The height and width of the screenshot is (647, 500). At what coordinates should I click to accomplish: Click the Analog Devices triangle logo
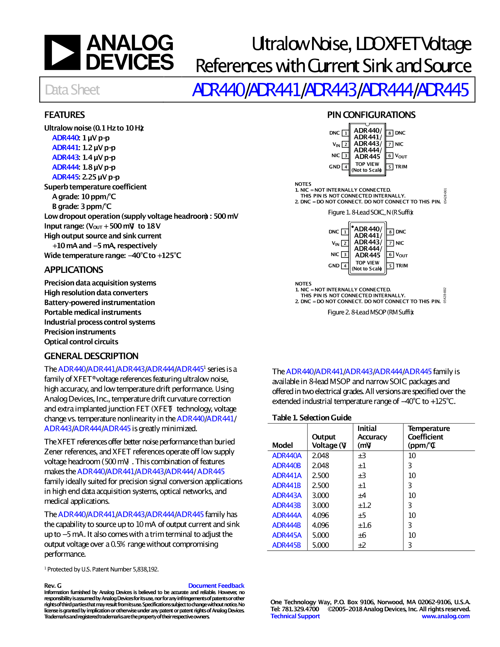(62, 52)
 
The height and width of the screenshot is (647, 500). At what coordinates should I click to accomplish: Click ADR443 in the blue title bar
(330, 90)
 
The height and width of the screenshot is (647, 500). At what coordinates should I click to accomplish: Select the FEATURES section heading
(64, 115)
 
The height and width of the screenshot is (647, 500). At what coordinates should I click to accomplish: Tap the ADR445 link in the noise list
(65, 177)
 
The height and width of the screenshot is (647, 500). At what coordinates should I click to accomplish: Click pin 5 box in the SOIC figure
(390, 167)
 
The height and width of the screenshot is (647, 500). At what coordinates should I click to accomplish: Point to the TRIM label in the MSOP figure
(402, 266)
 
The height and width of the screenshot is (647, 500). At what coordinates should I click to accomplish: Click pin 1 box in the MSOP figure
(345, 232)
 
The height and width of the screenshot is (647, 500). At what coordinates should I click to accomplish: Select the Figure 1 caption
(371, 212)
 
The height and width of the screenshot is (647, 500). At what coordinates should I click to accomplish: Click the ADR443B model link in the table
(286, 506)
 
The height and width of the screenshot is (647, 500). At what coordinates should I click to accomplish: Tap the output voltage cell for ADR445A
(320, 535)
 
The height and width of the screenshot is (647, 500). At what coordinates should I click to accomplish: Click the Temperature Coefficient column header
(428, 437)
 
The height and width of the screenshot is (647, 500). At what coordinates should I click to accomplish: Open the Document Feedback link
(216, 586)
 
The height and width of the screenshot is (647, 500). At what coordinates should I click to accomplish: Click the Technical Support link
(295, 616)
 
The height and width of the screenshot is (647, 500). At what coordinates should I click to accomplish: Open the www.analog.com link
(445, 616)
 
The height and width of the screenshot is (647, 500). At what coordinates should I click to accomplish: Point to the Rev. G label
(53, 586)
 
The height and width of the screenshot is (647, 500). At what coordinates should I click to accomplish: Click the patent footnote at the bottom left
(102, 569)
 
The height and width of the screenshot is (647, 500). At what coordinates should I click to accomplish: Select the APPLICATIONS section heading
(74, 270)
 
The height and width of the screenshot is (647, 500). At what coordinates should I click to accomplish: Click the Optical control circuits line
(81, 342)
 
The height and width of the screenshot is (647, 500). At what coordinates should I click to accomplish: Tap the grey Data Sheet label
(72, 90)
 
